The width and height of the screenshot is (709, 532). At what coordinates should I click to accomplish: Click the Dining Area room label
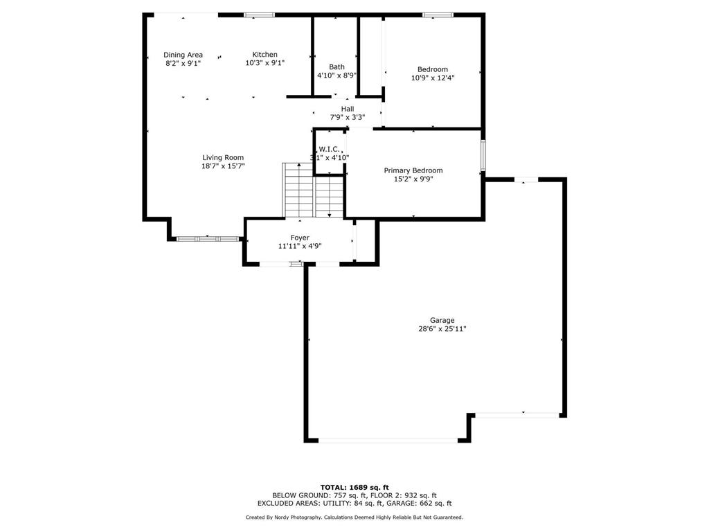[x=183, y=55]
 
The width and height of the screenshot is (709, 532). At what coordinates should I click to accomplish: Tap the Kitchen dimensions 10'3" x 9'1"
[x=265, y=63]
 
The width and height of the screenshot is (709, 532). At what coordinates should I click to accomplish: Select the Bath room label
[x=336, y=66]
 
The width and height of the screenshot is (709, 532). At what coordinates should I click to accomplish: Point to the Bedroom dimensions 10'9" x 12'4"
[x=433, y=78]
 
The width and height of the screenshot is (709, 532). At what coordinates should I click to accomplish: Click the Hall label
[x=348, y=109]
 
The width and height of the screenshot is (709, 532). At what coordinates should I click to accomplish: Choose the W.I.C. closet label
[x=329, y=149]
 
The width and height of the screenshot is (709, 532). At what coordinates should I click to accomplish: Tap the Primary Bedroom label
[x=413, y=170]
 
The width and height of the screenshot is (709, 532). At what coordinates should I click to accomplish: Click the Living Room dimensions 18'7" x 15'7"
[x=223, y=166]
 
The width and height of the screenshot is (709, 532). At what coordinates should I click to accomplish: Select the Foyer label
[x=300, y=238]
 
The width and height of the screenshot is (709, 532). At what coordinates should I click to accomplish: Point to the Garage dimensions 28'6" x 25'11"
[x=442, y=329]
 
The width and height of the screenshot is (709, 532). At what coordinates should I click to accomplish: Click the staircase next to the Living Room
[x=313, y=190]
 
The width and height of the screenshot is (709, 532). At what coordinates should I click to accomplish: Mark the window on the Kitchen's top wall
[x=260, y=15]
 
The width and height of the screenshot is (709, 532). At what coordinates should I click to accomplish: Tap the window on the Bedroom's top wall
[x=438, y=15]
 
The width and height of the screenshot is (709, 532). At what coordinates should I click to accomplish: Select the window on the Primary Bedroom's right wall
[x=483, y=155]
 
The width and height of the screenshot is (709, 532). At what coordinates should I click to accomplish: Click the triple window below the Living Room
[x=208, y=238]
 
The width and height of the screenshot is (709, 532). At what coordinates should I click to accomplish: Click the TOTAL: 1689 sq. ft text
[x=354, y=487]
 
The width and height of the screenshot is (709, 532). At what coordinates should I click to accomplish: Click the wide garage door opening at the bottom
[x=388, y=440]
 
